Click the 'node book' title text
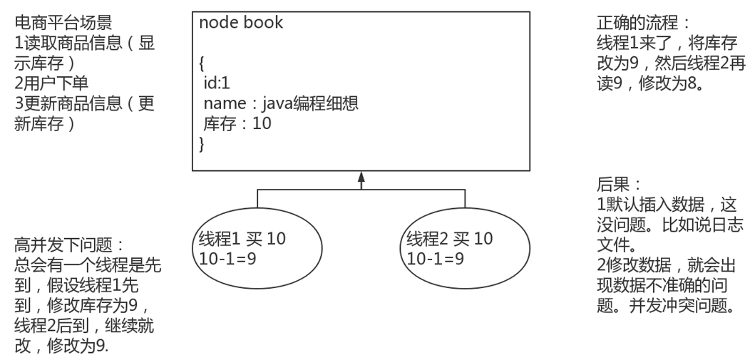pos(241,23)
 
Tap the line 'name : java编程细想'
pos(280,104)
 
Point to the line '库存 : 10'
pos(237,124)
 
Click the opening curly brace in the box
pos(202,65)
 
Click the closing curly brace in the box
pos(202,145)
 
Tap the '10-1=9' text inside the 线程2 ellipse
pos(435,258)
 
